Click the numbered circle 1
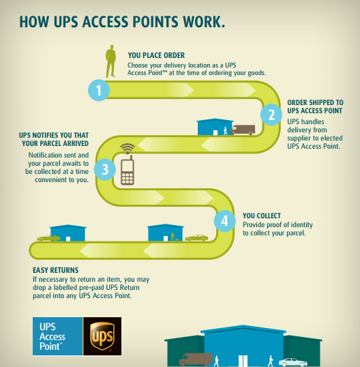click(99, 90)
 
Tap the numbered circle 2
click(271, 115)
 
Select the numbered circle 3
click(105, 169)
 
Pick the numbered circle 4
click(224, 221)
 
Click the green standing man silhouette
click(110, 61)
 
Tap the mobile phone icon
click(127, 170)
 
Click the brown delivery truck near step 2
click(243, 130)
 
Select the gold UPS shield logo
click(102, 336)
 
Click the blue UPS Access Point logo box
click(58, 336)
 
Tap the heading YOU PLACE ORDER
click(156, 55)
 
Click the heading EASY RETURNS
click(56, 270)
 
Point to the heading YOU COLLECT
click(262, 216)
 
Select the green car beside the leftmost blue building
click(48, 238)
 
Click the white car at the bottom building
click(293, 362)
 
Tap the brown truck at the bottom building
click(196, 359)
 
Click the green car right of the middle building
click(196, 238)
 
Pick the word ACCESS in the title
click(105, 22)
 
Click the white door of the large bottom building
click(243, 361)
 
